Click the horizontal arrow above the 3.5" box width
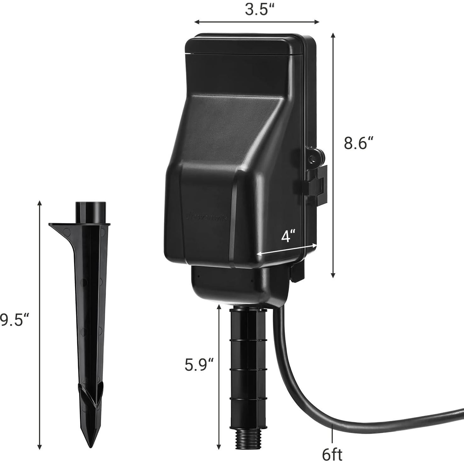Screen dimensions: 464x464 pos(257,22)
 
